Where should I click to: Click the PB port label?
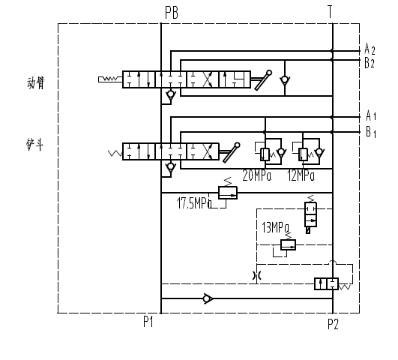point(172,13)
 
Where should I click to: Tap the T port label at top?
point(330,12)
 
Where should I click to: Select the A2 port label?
point(370,49)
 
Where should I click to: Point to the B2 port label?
point(370,63)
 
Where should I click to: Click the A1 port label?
point(371,115)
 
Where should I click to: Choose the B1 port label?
point(371,132)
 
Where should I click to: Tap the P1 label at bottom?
point(148,322)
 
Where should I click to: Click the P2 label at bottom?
point(333,324)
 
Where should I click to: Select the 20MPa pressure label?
point(256,175)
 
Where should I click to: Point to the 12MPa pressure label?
point(301,175)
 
